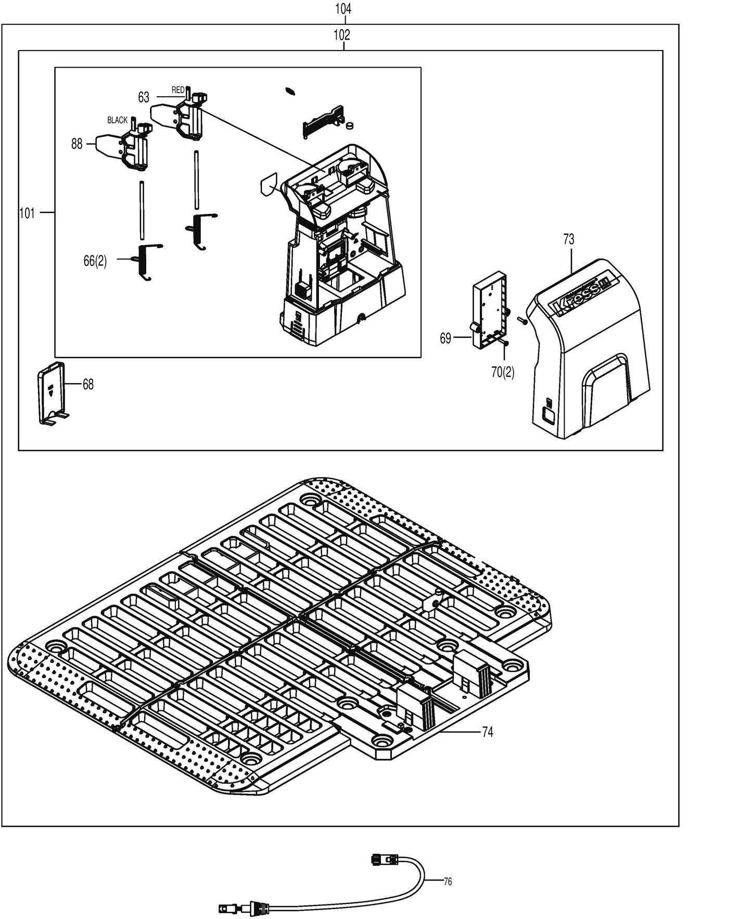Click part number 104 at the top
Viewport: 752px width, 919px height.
[343, 9]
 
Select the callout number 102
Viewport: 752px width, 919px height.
[342, 35]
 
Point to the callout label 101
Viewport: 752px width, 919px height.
[27, 213]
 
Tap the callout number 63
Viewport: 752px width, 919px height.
[144, 97]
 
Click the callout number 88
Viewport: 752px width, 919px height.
[77, 144]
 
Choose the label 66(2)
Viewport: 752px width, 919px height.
[95, 261]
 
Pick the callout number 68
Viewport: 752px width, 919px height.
[88, 385]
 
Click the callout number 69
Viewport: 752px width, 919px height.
[445, 338]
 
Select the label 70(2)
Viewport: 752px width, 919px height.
[503, 372]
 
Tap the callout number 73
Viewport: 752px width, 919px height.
[568, 239]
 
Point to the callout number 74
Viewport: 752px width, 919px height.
[487, 732]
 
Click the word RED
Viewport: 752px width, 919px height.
[178, 90]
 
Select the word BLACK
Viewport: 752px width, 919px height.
[117, 120]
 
